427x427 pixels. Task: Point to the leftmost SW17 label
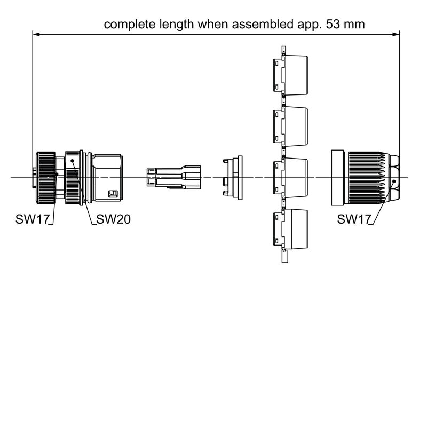(x=33, y=219)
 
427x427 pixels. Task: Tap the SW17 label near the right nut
(x=354, y=219)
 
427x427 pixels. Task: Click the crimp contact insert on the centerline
(x=173, y=177)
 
